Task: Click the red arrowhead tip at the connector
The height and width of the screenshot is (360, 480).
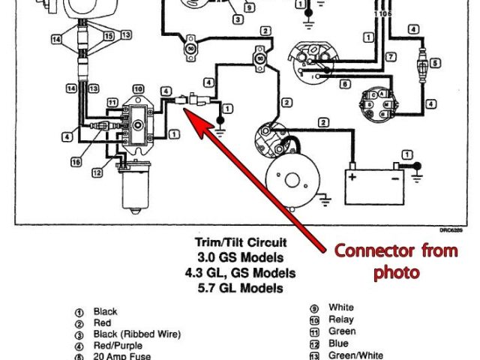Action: [x=187, y=112]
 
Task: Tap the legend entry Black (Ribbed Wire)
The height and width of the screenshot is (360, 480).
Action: [x=136, y=334]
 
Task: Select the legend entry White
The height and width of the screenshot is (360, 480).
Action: [x=340, y=307]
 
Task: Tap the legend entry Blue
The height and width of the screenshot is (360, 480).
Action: [x=337, y=343]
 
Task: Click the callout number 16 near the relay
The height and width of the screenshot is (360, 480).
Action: [x=76, y=160]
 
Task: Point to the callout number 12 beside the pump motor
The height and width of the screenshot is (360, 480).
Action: [x=97, y=173]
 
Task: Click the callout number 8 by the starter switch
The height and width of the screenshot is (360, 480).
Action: [x=344, y=85]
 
